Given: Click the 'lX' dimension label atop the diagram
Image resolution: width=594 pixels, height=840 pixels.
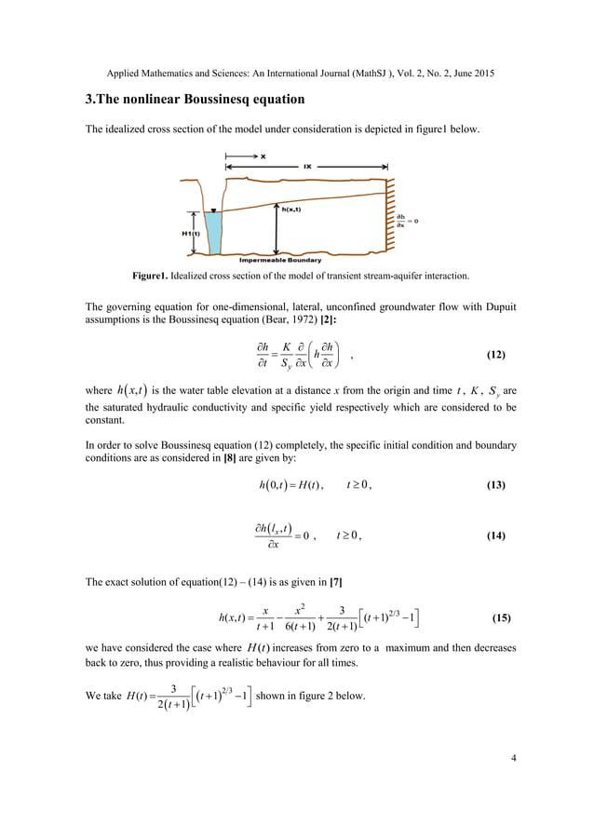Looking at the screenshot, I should click(x=308, y=166).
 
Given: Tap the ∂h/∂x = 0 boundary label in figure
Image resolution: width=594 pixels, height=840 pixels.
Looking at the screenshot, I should click(x=407, y=221).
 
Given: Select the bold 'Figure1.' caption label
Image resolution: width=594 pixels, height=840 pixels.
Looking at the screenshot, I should click(x=155, y=277).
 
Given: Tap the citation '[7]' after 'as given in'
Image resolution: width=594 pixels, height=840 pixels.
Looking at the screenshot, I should click(x=335, y=582).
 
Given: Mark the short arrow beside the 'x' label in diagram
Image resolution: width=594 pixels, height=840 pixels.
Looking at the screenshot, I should click(x=239, y=157).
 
